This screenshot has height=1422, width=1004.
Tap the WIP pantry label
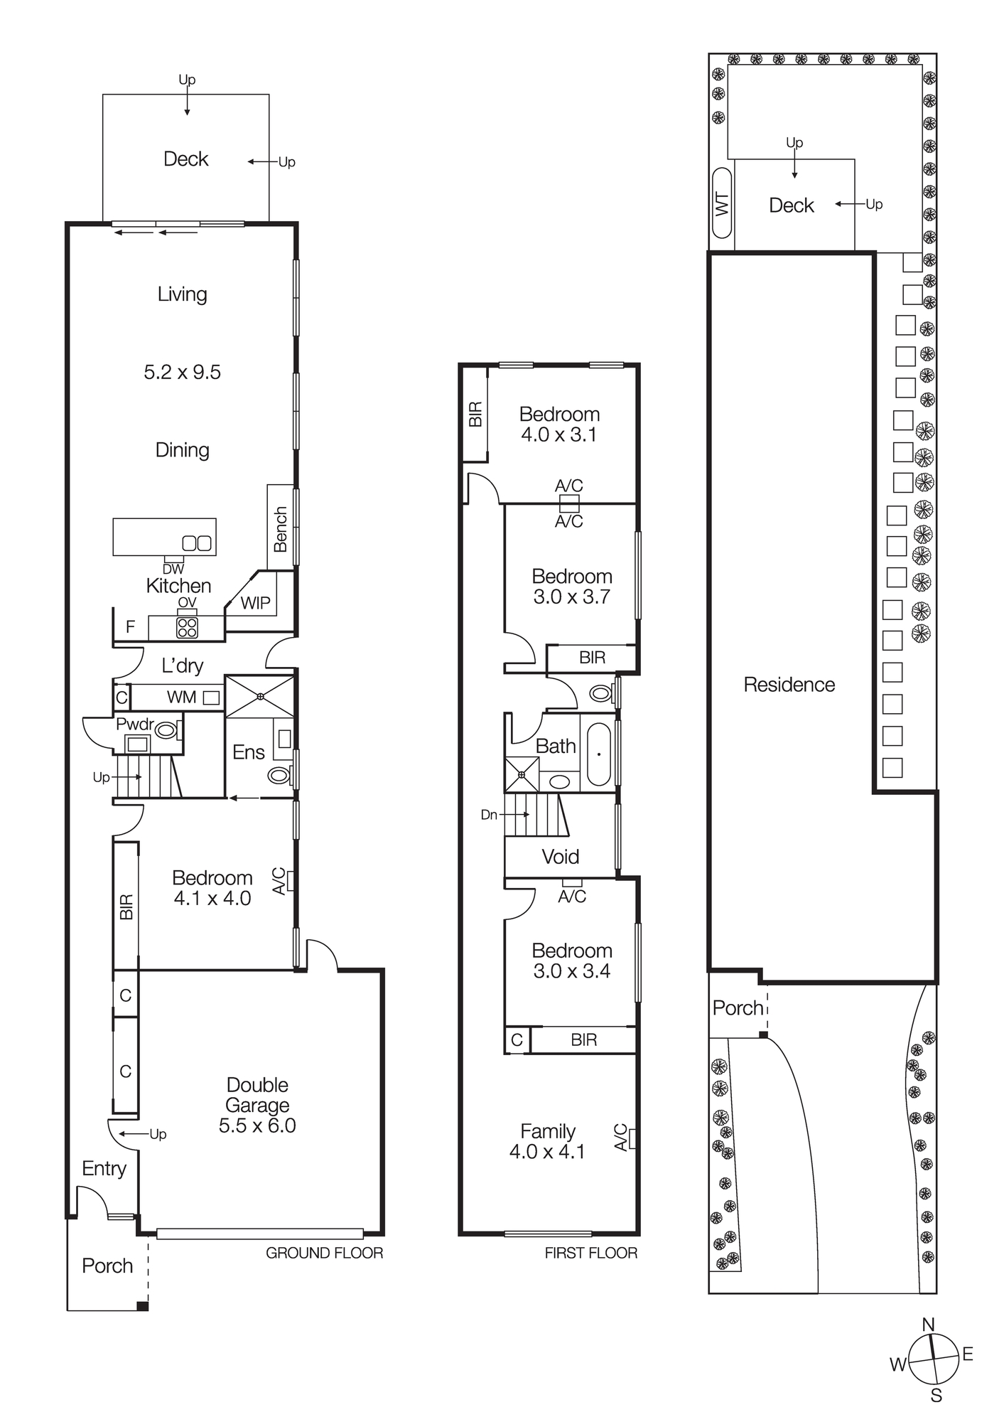pyautogui.click(x=255, y=603)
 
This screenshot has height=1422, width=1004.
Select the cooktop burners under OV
pyautogui.click(x=187, y=627)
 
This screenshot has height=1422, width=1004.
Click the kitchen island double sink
pyautogui.click(x=197, y=543)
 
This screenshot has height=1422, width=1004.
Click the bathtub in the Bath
pyautogui.click(x=599, y=754)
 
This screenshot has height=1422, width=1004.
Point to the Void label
pyautogui.click(x=560, y=856)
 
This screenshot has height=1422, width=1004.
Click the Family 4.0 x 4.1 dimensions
pyautogui.click(x=547, y=1151)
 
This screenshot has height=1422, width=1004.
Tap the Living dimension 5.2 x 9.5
pyautogui.click(x=183, y=372)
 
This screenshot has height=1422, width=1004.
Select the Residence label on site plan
pyautogui.click(x=789, y=685)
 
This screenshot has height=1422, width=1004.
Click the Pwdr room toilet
pyautogui.click(x=168, y=729)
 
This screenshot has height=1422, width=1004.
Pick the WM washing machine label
pyautogui.click(x=182, y=697)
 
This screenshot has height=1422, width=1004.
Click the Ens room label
pyautogui.click(x=249, y=752)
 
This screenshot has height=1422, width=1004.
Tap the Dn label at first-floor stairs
pyautogui.click(x=489, y=815)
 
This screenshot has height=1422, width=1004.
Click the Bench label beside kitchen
pyautogui.click(x=281, y=529)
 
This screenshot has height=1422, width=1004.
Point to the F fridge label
pyautogui.click(x=130, y=626)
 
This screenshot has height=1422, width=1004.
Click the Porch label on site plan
pyautogui.click(x=738, y=1007)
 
